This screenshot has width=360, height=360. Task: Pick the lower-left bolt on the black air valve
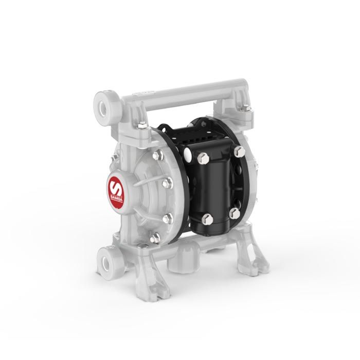point(207,220)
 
